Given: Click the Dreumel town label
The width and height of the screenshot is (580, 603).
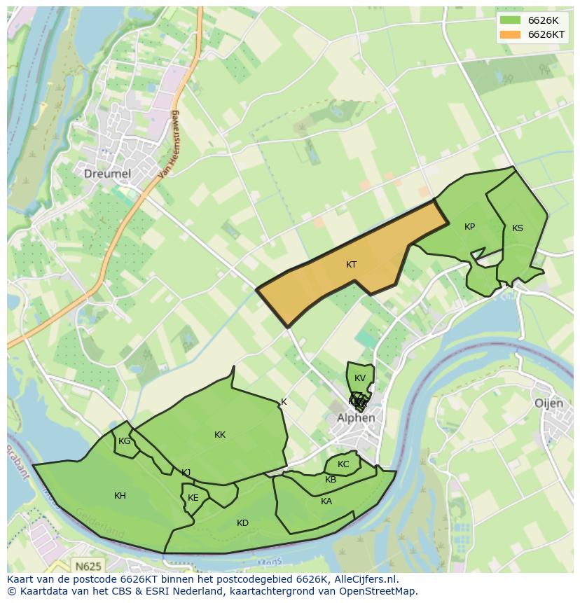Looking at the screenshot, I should (x=107, y=173).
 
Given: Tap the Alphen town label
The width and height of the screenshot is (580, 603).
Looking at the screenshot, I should (x=356, y=418).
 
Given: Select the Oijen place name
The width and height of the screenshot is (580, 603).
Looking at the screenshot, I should (x=548, y=403).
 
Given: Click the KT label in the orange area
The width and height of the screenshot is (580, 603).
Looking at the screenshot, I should (x=351, y=265).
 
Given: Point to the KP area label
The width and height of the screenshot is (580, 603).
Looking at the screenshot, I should (x=469, y=227).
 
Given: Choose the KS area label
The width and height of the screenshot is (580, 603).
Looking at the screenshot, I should (x=517, y=228).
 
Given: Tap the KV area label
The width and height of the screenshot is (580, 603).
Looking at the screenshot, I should (x=360, y=378).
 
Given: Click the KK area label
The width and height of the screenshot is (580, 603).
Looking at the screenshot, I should (x=220, y=435).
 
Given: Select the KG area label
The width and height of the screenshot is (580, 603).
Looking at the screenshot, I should (x=124, y=441).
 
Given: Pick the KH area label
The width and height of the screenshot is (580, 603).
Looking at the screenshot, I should (x=120, y=496).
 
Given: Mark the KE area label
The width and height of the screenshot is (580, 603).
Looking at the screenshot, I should (x=193, y=498).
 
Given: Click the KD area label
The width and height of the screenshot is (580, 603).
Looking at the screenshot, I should (x=242, y=523).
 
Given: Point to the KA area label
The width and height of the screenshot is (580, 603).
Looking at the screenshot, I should (x=326, y=501).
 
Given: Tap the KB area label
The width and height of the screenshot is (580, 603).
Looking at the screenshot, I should (x=331, y=480).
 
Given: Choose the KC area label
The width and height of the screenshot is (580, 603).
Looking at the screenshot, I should (x=343, y=464).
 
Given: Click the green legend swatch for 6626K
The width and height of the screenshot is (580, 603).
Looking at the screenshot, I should (x=510, y=20).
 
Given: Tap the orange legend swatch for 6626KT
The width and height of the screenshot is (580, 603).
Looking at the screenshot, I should (x=510, y=34).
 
